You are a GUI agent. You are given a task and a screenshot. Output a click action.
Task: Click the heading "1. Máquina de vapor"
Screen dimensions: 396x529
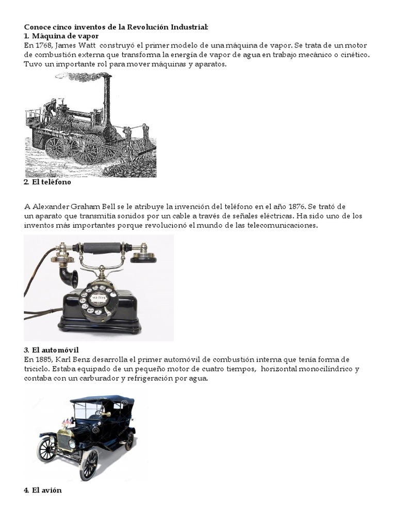coord(61,36)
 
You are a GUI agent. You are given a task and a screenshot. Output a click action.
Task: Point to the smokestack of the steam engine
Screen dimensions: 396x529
coord(107,101)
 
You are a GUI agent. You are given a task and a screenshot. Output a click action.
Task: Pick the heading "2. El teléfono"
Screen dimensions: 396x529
coord(47,182)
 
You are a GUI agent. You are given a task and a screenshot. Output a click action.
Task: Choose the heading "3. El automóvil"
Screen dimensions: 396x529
coord(51,350)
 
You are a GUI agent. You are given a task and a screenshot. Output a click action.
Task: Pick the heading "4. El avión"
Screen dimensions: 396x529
coord(43,490)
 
